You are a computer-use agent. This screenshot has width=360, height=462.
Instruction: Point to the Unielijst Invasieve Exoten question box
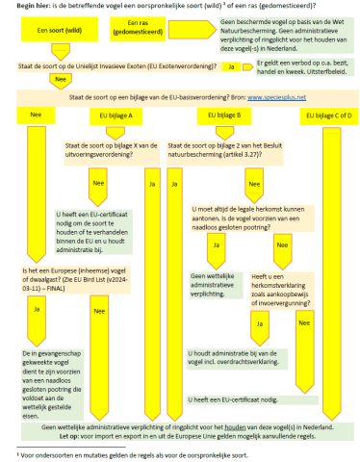[x=117, y=66]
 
